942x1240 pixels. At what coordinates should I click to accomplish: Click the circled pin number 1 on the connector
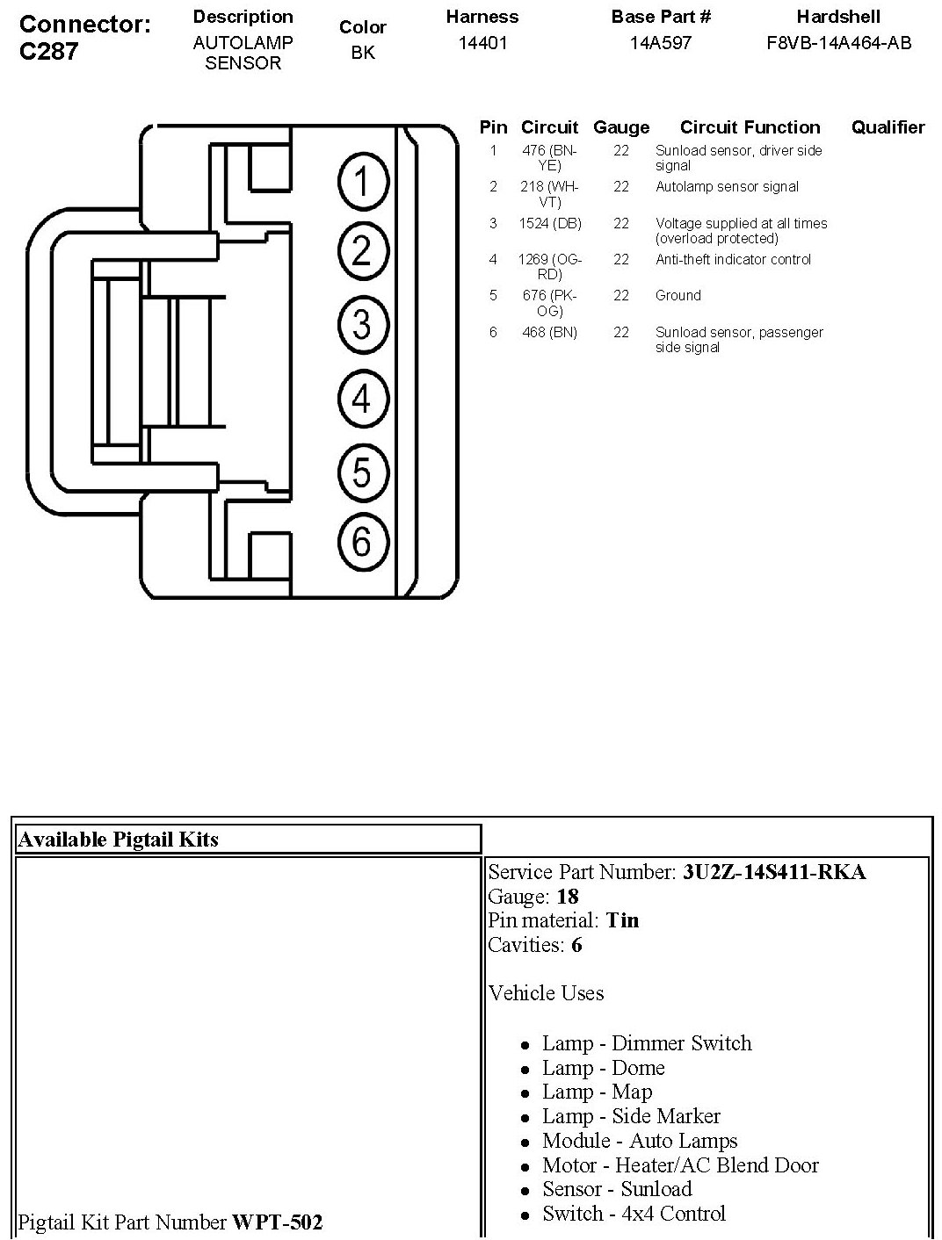(x=362, y=183)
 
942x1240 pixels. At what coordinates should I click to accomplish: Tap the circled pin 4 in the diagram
(x=362, y=400)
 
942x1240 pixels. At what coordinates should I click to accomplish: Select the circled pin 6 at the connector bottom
(x=362, y=542)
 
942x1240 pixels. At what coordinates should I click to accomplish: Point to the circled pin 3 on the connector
(x=362, y=325)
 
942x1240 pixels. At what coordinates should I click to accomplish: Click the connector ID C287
(x=49, y=51)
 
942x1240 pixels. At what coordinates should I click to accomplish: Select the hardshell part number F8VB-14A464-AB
(x=838, y=42)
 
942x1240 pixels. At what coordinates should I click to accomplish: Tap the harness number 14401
(x=482, y=42)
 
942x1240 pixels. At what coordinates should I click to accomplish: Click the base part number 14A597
(x=660, y=42)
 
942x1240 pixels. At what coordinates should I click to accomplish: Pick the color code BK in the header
(x=363, y=53)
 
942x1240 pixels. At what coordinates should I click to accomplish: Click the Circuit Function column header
(x=750, y=127)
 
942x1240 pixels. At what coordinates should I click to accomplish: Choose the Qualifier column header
(x=888, y=127)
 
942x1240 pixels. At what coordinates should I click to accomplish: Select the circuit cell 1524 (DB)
(x=549, y=224)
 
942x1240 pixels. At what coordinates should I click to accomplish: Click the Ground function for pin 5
(x=678, y=296)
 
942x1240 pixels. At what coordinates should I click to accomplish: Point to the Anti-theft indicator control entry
(x=733, y=260)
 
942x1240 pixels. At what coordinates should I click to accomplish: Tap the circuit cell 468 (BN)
(x=549, y=333)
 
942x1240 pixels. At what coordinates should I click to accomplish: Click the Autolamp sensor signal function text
(x=727, y=187)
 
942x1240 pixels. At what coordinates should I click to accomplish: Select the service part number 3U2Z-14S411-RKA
(x=773, y=872)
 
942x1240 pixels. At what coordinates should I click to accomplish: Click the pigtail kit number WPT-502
(x=277, y=1222)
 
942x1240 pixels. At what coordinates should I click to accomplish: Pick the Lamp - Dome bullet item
(x=603, y=1068)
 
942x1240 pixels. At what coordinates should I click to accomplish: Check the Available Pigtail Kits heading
(x=118, y=840)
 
